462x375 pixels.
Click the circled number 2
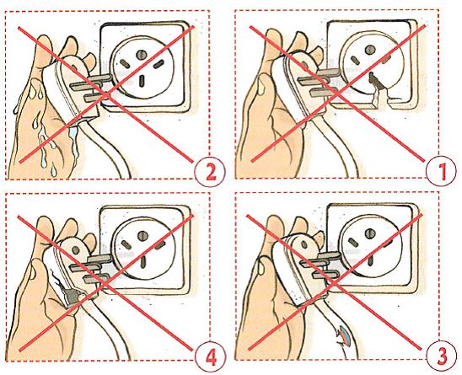click(210, 172)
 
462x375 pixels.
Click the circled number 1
click(441, 172)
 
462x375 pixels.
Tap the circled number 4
click(210, 357)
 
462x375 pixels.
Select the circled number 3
click(441, 356)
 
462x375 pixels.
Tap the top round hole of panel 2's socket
click(142, 54)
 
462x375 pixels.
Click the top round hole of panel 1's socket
click(370, 50)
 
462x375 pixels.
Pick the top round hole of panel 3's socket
click(370, 234)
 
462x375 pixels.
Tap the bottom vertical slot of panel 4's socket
click(144, 262)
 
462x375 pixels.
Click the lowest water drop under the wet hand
click(53, 171)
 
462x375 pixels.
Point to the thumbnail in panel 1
click(261, 88)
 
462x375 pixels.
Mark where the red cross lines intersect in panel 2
click(107, 94)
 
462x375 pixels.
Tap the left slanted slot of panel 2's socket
click(124, 63)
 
